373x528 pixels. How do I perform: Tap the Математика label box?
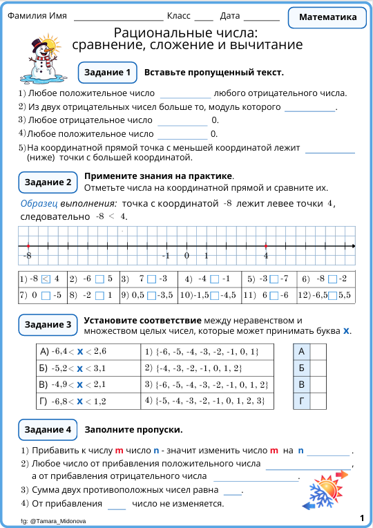[x=328, y=17]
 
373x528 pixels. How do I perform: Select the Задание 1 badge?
[x=107, y=73]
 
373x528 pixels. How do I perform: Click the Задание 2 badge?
[x=48, y=182]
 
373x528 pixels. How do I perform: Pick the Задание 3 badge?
[x=48, y=325]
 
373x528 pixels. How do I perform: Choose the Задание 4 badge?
[x=48, y=430]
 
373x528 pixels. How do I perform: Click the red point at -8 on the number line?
[x=28, y=246]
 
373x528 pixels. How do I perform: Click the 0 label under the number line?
[x=186, y=256]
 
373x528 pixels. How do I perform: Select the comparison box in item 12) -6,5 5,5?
[x=333, y=295]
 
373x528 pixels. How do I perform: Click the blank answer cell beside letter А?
[x=318, y=352]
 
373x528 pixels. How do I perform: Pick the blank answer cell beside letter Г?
[x=318, y=400]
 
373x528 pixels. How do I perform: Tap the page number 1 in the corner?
[x=362, y=518]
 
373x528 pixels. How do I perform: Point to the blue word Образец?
[x=40, y=204]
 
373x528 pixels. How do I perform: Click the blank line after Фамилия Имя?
[x=117, y=17]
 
